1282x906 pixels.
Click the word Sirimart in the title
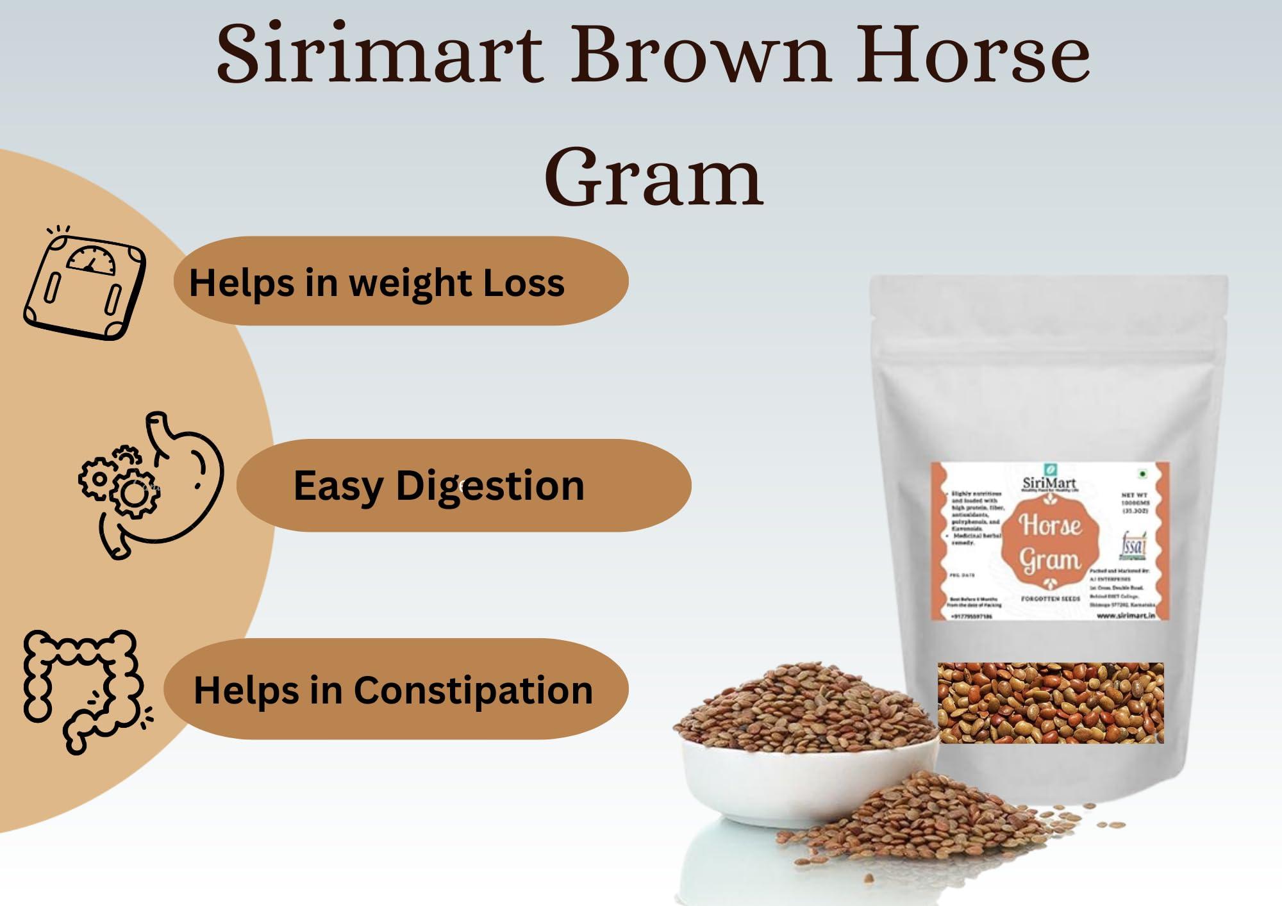click(x=379, y=54)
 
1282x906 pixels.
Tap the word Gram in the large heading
click(x=654, y=177)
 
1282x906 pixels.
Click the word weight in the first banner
click(x=410, y=283)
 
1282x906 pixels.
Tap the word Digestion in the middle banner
click(x=490, y=485)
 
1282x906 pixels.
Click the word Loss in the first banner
click(x=523, y=283)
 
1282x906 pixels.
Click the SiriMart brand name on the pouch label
click(x=1049, y=482)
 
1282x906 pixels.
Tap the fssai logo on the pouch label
click(x=1133, y=545)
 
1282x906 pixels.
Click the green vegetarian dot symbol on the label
click(x=1142, y=474)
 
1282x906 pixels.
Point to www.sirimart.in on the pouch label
click(x=1126, y=615)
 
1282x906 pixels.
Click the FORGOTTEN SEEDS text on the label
click(x=1050, y=598)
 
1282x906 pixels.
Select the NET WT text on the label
click(x=1134, y=495)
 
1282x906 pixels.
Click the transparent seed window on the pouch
click(x=1050, y=703)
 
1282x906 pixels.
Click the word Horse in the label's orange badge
click(x=1050, y=525)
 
